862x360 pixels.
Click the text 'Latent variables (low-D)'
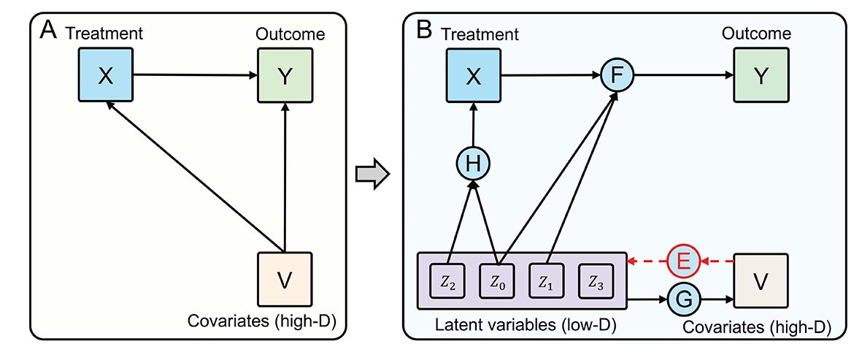point(521,322)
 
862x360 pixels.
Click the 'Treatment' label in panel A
point(103,34)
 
